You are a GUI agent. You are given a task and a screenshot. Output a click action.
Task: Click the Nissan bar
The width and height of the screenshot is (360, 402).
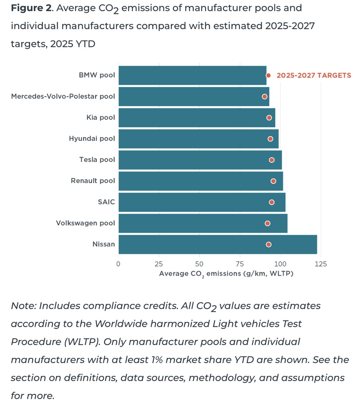218,244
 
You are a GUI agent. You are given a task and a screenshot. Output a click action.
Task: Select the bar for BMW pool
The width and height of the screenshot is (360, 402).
193,75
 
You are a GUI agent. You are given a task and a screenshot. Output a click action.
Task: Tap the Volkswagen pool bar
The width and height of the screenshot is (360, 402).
203,223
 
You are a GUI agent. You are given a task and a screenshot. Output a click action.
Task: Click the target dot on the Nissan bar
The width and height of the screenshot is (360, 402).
269,244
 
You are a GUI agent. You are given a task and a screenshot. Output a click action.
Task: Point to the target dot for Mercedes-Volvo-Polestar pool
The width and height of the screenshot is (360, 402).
265,97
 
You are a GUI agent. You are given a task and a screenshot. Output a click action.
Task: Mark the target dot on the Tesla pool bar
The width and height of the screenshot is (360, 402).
272,160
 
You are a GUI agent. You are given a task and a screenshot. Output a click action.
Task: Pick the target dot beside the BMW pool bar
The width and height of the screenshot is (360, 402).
268,75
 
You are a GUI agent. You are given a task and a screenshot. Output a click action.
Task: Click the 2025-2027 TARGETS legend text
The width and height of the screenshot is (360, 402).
314,75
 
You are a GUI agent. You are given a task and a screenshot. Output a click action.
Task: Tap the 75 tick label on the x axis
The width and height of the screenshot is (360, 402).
240,264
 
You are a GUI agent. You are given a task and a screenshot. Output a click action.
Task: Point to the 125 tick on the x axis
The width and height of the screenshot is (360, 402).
321,264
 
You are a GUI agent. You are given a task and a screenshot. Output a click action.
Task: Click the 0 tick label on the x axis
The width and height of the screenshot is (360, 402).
118,264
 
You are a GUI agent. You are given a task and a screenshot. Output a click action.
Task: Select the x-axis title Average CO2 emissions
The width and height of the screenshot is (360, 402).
226,274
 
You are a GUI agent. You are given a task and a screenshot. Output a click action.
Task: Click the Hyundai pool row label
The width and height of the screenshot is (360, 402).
92,139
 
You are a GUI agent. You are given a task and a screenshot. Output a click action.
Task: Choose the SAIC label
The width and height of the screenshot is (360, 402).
106,202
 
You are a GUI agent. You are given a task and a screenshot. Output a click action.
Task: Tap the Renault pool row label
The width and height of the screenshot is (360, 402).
93,181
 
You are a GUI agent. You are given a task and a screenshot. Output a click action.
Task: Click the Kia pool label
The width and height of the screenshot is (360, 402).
101,117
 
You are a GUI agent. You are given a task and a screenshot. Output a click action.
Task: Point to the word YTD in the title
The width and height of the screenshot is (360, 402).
85,44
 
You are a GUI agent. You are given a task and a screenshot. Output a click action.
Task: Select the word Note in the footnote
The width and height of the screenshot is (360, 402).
23,306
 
